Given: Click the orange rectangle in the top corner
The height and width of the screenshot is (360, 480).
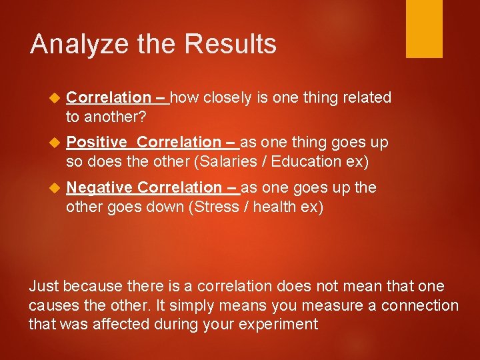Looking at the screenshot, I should click(424, 29).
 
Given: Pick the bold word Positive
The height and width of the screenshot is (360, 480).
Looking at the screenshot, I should click(97, 142).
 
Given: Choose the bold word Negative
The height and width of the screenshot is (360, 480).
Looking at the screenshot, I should click(99, 187).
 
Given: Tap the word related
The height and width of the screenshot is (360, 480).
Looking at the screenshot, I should click(367, 98).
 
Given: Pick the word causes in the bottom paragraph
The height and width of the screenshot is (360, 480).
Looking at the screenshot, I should click(52, 306).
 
